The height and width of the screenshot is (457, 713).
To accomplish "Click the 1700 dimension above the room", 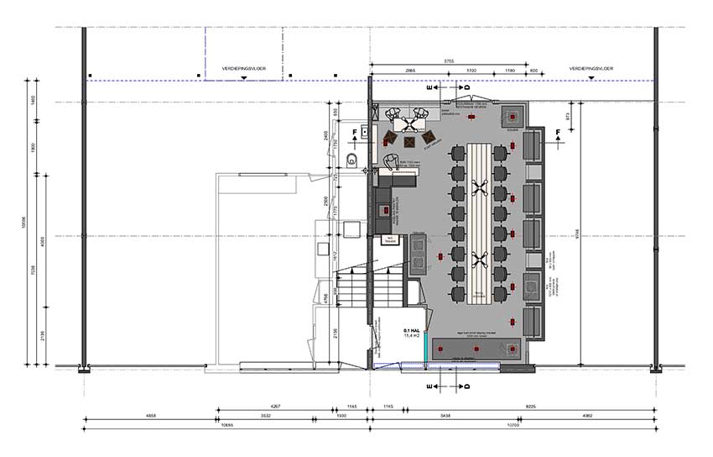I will [471, 70].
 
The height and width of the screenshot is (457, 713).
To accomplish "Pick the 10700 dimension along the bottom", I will [513, 425].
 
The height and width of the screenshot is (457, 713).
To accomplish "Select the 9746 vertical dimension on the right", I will [573, 231].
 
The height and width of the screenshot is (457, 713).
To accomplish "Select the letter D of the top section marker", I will [467, 87].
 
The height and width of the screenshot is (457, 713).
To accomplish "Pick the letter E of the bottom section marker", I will [429, 387].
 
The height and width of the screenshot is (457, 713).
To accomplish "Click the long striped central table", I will [482, 223].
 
